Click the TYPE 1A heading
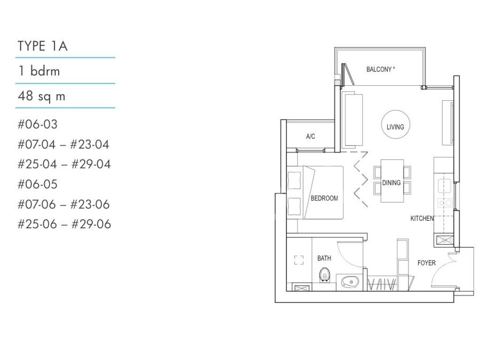coord(43,46)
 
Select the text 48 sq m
coord(42,96)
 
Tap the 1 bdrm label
coord(39,71)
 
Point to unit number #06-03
coord(38,124)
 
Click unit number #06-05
coord(38,185)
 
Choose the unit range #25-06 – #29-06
coord(65,224)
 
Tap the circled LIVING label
coord(395,127)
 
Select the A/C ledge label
coord(310,136)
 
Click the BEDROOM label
coord(324,198)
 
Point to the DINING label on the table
coord(391,183)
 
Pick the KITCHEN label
coord(422,218)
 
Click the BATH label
coord(324,258)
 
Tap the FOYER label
coord(427,262)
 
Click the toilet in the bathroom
coord(324,275)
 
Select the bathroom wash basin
coord(349,282)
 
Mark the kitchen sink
coord(444,186)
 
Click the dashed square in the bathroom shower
coord(299,260)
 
